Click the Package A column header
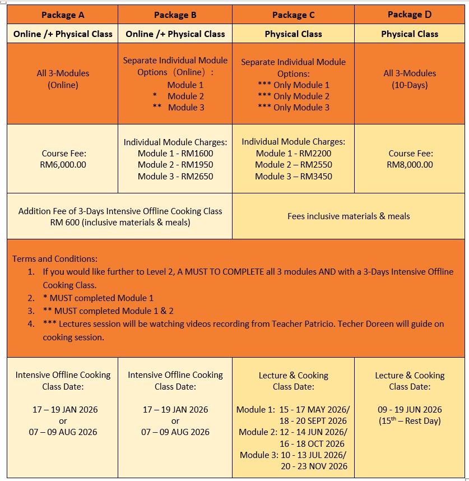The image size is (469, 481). click(62, 15)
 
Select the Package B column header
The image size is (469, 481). click(175, 15)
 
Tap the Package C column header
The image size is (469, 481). click(293, 15)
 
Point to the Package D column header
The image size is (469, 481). click(410, 15)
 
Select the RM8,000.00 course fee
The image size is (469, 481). click(410, 165)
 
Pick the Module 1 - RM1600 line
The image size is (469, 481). click(175, 154)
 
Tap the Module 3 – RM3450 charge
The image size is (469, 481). click(293, 176)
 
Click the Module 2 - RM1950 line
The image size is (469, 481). click(175, 165)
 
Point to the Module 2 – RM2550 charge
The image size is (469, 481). click(293, 165)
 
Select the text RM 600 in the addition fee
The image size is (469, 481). click(63, 223)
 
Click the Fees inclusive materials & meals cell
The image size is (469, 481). click(349, 216)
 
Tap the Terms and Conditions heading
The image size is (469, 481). click(55, 259)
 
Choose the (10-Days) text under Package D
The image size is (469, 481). click(410, 85)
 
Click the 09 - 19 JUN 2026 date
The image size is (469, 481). click(410, 410)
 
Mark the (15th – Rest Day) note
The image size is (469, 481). click(410, 421)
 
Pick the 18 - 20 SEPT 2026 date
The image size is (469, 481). click(314, 421)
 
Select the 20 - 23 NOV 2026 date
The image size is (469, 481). click(314, 466)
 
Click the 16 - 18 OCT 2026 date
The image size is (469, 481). click(313, 443)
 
